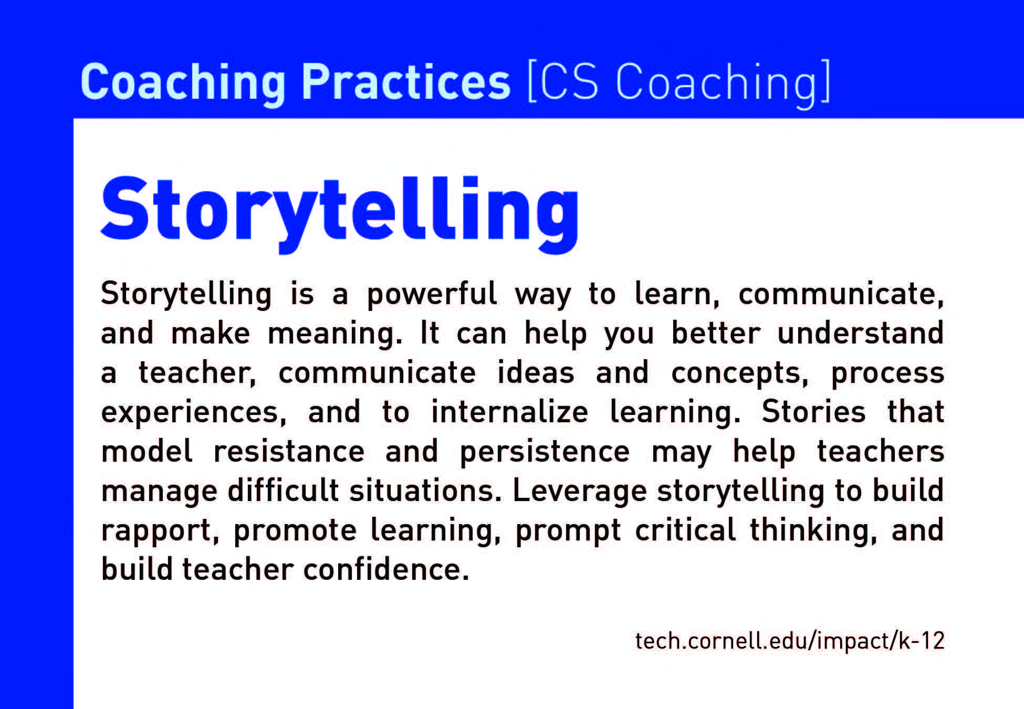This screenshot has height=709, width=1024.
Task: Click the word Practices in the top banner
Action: coord(405,82)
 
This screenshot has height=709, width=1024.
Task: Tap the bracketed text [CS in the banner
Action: coord(562,83)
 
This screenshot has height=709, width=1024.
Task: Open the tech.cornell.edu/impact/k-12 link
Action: coord(790,641)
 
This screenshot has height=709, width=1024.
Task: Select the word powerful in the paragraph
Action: coord(432,294)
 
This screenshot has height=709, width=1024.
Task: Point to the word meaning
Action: coord(335,334)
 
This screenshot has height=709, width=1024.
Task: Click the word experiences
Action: coord(194,413)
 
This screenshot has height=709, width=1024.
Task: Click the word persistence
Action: coord(545,453)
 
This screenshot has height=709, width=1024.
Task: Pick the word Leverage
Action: coord(580,492)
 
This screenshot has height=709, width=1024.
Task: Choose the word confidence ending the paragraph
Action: coord(386,569)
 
